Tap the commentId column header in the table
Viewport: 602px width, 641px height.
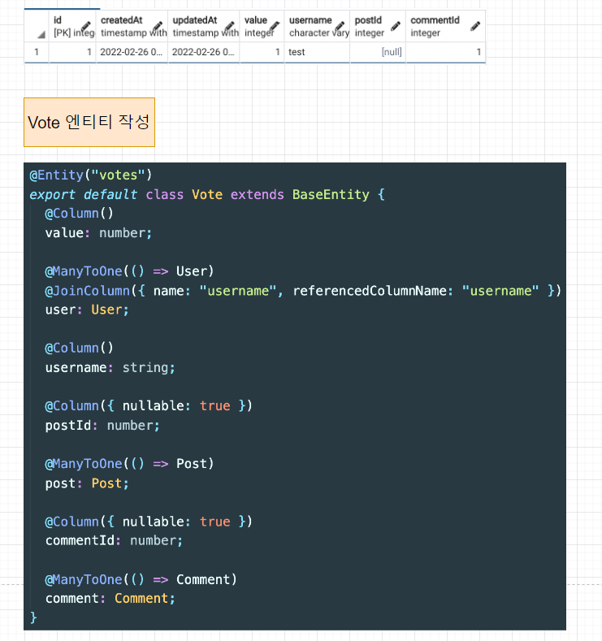439,26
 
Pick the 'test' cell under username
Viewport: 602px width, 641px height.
297,52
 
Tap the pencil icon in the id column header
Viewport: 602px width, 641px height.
86,26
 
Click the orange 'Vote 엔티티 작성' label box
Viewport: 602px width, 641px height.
89,123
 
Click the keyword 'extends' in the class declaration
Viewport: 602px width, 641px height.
258,194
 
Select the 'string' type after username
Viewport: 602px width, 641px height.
149,368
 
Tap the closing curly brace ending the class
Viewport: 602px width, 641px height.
33,617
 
